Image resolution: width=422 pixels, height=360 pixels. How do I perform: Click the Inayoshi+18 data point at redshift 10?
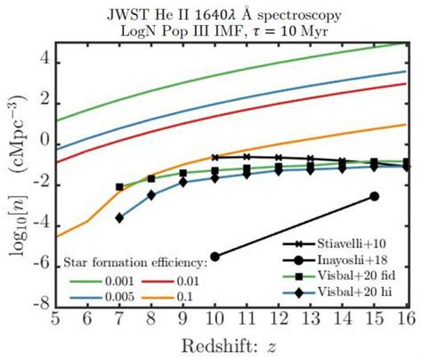click(x=215, y=256)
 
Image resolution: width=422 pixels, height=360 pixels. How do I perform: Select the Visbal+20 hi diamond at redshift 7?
click(x=119, y=217)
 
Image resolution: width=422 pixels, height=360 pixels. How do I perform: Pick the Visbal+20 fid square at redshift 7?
click(x=119, y=187)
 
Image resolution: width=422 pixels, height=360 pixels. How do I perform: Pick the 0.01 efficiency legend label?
click(x=198, y=279)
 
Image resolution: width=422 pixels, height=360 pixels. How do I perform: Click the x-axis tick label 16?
click(x=405, y=318)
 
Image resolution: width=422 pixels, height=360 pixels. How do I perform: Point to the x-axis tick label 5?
click(x=55, y=318)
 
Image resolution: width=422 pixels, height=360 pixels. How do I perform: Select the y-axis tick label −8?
click(x=38, y=304)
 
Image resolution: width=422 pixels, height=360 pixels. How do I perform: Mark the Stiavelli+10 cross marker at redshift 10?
click(x=215, y=157)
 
